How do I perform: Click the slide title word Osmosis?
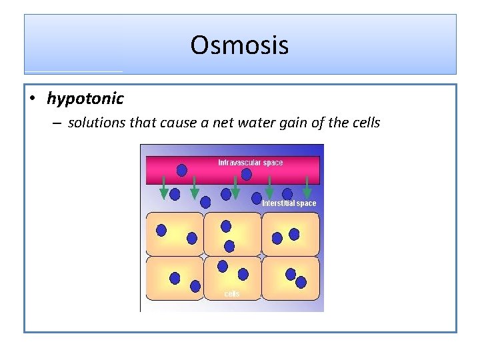coord(239,45)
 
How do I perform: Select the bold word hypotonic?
coord(85,99)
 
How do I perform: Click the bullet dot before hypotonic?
coord(33,99)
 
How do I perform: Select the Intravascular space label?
coord(250,163)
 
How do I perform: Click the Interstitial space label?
coord(289,203)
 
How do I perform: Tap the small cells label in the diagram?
coord(231,294)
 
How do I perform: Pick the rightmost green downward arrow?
coord(307,187)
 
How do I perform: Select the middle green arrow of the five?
coord(235,187)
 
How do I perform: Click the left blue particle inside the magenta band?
coord(182,171)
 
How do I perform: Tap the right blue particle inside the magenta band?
coord(247,175)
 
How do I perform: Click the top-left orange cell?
coord(175,234)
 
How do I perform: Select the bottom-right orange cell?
coord(291,278)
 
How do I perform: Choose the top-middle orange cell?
coord(233,234)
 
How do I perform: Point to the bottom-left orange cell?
coord(175,278)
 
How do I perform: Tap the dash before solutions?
coord(55,123)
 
